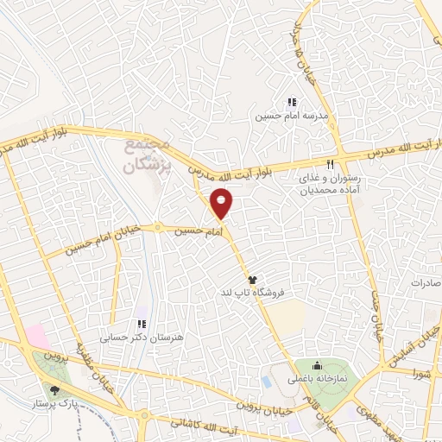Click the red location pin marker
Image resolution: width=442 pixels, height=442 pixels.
coord(222,202)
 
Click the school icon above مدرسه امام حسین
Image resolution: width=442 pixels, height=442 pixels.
coord(292,101)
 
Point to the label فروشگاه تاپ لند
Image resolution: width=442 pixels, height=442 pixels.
coord(253,293)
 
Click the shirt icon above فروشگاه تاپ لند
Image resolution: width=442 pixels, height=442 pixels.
coord(253,280)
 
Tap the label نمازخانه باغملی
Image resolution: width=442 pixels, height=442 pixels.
coord(317,378)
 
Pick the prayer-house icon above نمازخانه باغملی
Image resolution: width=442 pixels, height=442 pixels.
coord(317,365)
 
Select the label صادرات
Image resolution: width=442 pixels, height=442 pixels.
coord(426,283)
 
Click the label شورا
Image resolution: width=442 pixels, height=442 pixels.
coord(421,375)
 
